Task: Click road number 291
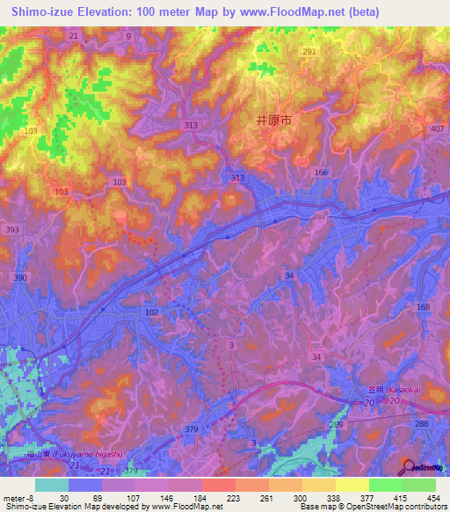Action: pos(308,53)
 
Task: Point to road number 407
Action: pos(437,128)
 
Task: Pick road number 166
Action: pos(321,172)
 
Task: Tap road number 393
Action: pos(12,229)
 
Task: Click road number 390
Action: pos(19,277)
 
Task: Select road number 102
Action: pos(151,312)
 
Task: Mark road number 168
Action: pos(424,306)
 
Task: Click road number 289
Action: pos(336,424)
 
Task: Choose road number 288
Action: pos(421,424)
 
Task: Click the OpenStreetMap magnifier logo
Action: pos(409,468)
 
